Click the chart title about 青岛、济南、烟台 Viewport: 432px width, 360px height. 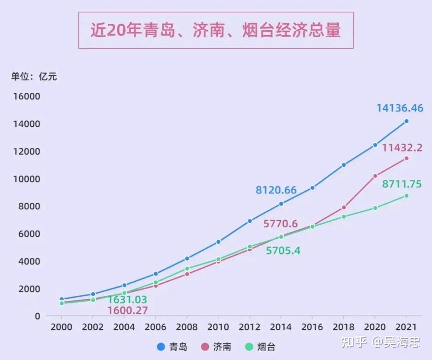pos(216,30)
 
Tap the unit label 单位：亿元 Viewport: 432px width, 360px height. pos(34,76)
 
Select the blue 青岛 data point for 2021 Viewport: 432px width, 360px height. pos(406,121)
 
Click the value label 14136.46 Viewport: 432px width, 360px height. pos(400,108)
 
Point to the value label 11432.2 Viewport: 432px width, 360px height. pos(402,148)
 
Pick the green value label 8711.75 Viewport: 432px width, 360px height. pos(402,184)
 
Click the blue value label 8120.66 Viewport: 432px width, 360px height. pos(276,190)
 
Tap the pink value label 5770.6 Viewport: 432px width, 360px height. pos(280,224)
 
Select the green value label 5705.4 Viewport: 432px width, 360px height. pos(283,251)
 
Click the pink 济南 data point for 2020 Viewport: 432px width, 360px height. pos(375,176)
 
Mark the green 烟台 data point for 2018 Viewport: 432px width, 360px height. pos(344,217)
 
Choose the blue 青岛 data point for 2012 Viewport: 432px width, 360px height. pos(250,221)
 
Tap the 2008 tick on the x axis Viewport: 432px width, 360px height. pos(186,327)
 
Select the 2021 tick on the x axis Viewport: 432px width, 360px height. pos(406,327)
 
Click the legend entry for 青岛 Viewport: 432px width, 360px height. pos(172,347)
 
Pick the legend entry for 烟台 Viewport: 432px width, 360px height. pos(260,347)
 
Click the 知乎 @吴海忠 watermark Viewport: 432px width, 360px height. pos(380,342)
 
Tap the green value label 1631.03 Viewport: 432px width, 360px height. pos(127,300)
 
